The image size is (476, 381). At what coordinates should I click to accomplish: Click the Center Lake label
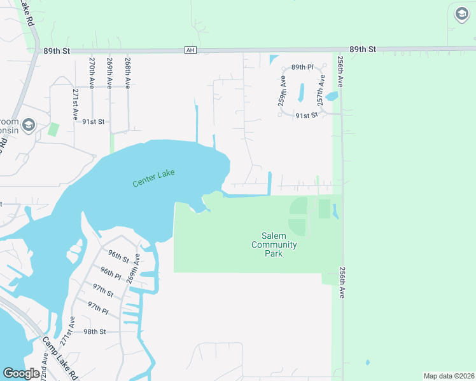coord(153,178)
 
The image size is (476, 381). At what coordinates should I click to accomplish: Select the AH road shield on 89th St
coord(189,50)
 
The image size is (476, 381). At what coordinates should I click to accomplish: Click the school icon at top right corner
coord(461,14)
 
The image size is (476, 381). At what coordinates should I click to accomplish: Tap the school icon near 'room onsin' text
coord(28,125)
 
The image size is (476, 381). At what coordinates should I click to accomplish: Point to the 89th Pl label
coord(302,67)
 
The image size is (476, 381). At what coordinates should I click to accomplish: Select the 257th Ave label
coord(322,89)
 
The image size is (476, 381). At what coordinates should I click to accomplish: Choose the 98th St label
coord(94,331)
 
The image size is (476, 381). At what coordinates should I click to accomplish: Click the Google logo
coord(21,373)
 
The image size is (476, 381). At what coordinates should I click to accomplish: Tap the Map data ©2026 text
coord(448,376)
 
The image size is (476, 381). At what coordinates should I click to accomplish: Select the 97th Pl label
coord(98,307)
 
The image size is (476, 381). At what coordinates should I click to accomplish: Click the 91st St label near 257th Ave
coord(306,116)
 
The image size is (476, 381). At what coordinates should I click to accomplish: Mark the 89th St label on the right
coord(363,49)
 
